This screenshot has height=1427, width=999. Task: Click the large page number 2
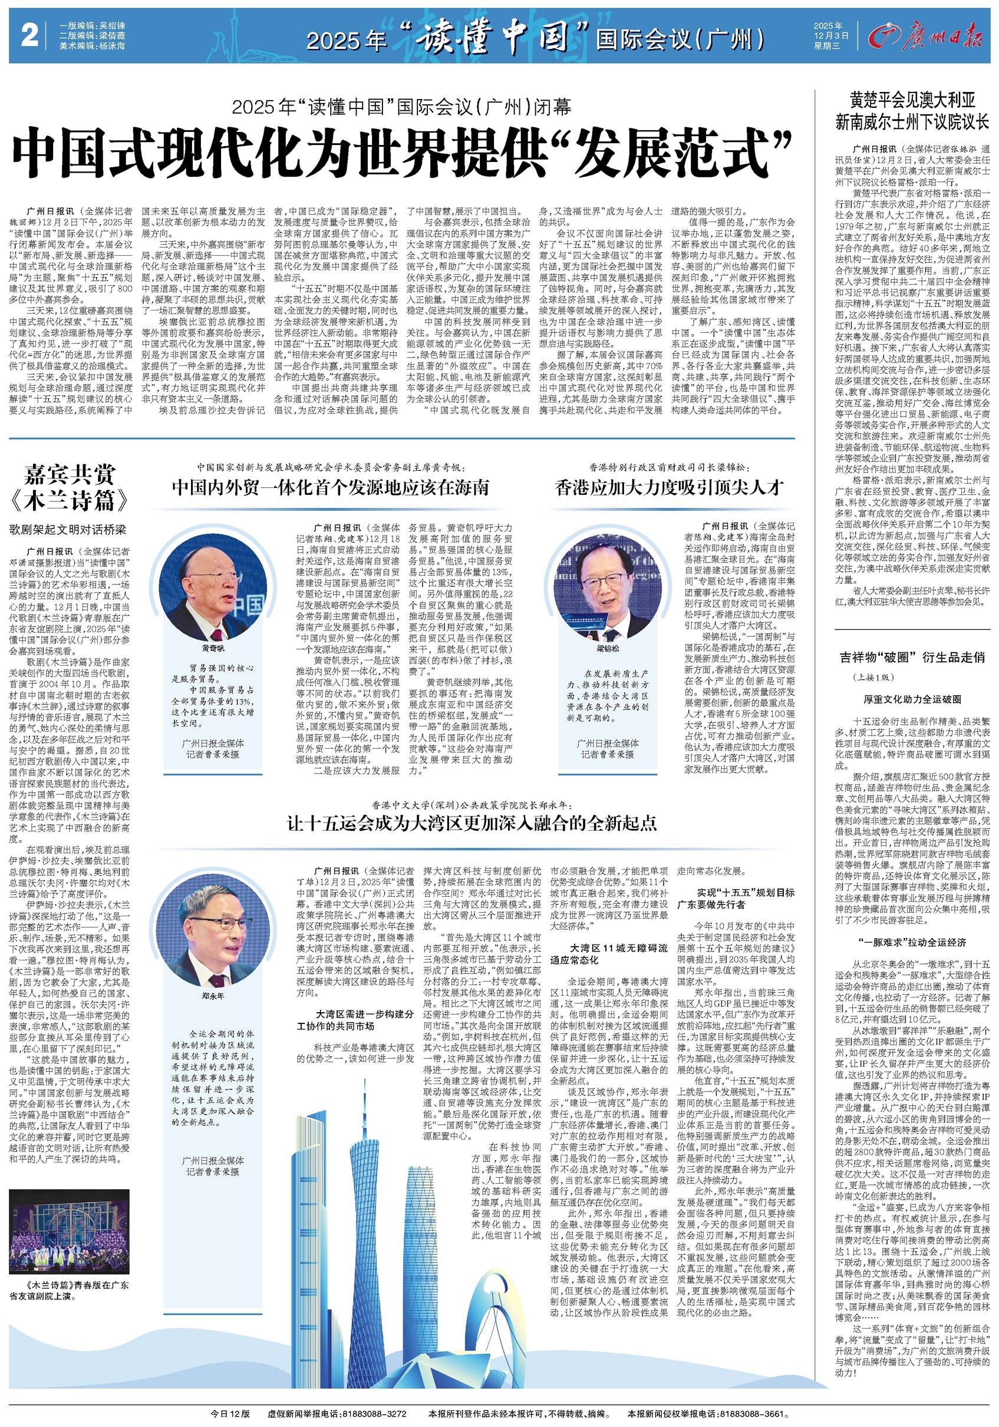click(x=29, y=35)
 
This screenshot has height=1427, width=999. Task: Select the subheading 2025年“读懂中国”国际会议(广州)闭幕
click(x=401, y=107)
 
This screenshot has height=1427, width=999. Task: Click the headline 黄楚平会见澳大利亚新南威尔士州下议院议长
click(x=912, y=111)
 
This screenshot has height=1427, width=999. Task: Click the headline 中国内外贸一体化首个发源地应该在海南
click(x=330, y=487)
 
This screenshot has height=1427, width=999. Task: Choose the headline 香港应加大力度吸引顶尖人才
click(x=669, y=487)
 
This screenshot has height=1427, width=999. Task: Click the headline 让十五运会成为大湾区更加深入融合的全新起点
click(x=472, y=823)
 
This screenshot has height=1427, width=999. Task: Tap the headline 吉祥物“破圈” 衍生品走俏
click(x=912, y=657)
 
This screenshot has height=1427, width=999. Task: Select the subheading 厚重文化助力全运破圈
click(x=912, y=699)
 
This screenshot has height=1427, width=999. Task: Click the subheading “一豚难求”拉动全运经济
click(x=912, y=942)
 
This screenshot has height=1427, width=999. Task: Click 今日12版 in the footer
click(x=230, y=1413)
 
